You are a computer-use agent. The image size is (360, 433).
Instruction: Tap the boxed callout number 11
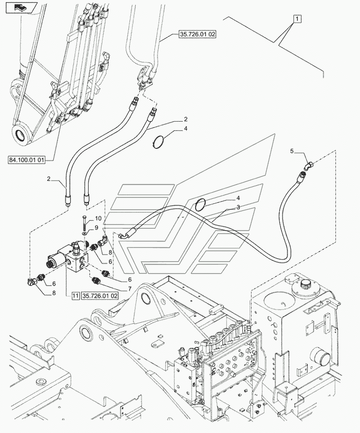coord(75,295)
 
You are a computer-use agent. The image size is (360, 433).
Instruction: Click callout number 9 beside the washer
coord(96,227)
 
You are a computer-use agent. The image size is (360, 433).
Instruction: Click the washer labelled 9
coord(85,233)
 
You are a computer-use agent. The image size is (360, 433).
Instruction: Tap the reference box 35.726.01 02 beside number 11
coord(100,295)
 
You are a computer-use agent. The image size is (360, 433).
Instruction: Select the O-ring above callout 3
coord(202,205)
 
